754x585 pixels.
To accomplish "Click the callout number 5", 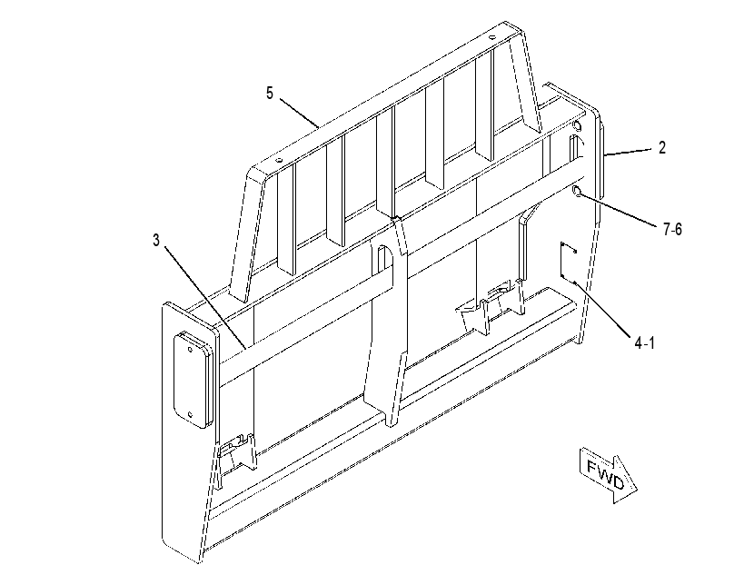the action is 269,93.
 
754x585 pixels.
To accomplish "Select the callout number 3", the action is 156,241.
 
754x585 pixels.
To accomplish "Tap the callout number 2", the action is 662,147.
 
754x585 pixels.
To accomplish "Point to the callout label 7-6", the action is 672,230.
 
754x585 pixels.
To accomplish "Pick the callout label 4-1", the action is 645,343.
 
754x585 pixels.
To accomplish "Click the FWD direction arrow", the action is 608,475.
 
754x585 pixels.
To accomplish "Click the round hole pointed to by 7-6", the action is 577,193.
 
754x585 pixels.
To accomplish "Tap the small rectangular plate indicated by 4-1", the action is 569,263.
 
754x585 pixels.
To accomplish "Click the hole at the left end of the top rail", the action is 278,161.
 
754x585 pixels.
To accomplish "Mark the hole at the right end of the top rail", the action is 491,36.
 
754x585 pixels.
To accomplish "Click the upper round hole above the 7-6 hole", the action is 577,126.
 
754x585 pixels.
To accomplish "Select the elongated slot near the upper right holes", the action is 573,148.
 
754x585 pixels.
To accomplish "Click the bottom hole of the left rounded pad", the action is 190,414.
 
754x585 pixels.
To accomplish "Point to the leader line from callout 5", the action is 299,113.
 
